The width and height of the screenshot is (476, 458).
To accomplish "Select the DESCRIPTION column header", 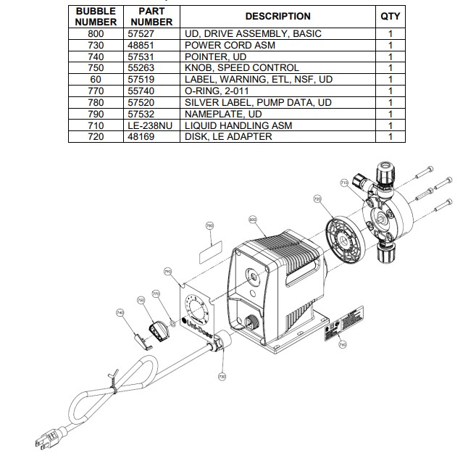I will pyautogui.click(x=277, y=16).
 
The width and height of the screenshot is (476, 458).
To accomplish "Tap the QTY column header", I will pyautogui.click(x=390, y=16).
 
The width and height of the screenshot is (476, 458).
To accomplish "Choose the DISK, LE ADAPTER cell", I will pyautogui.click(x=228, y=136).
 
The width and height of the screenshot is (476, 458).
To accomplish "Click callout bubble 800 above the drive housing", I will pyautogui.click(x=253, y=218).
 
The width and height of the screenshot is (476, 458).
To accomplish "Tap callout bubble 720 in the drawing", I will pyautogui.click(x=317, y=199).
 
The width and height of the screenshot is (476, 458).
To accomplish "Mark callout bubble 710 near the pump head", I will pyautogui.click(x=344, y=186).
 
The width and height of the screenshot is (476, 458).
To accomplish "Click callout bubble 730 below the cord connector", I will pyautogui.click(x=222, y=376).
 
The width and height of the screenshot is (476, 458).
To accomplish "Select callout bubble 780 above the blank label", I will pyautogui.click(x=210, y=226).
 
